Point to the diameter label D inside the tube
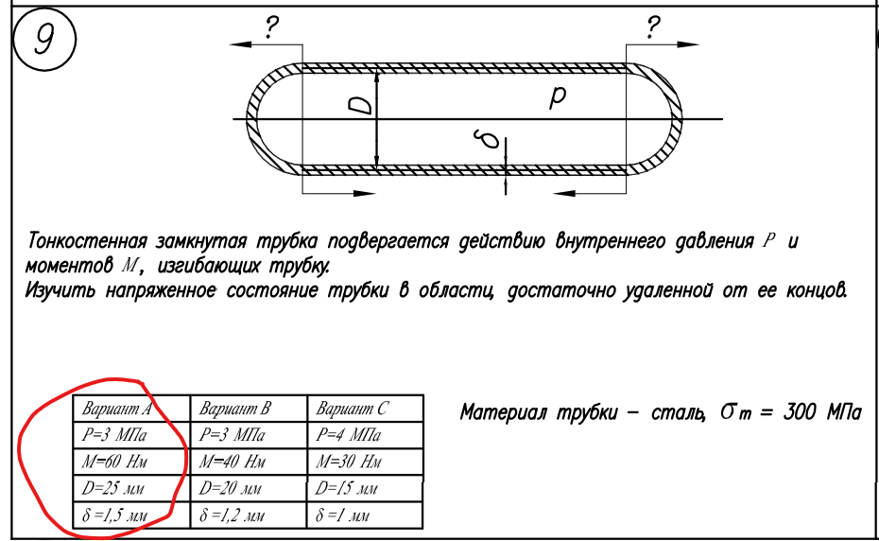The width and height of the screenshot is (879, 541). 358,105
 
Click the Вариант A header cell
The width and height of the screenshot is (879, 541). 117,410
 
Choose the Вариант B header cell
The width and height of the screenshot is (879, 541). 235,410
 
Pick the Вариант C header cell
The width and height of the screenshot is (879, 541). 353,410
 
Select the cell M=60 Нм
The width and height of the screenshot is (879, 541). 117,462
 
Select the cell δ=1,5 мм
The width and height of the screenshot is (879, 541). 116,516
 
